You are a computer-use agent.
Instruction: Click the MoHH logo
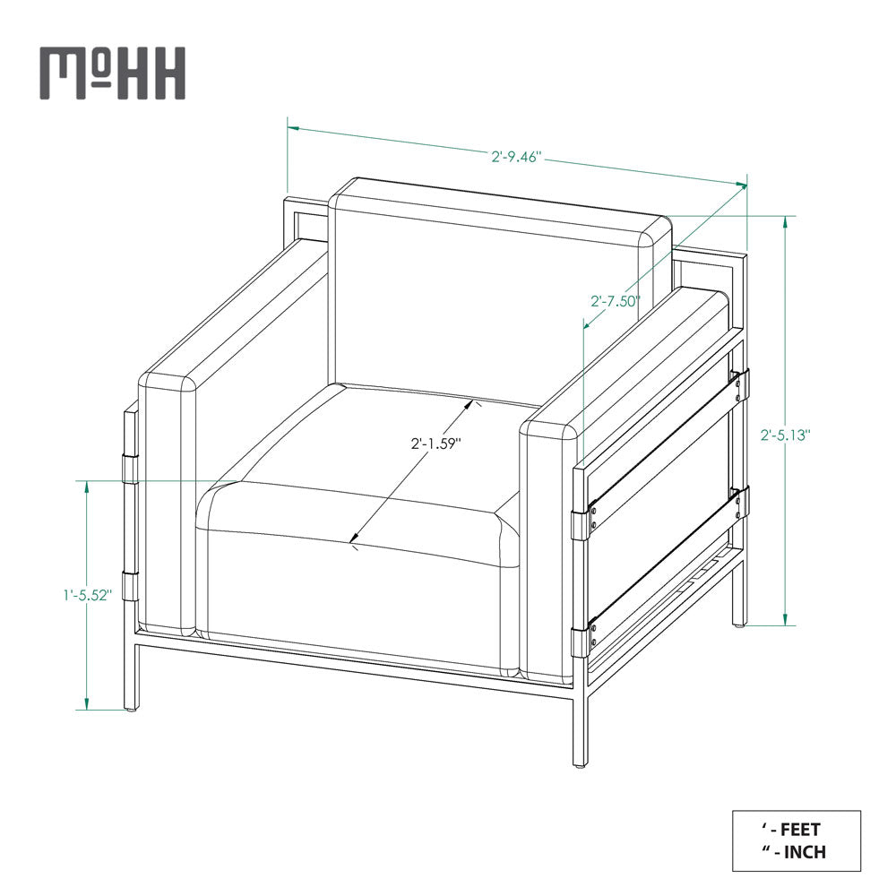coord(112,73)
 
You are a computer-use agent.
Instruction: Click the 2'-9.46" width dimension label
coord(517,157)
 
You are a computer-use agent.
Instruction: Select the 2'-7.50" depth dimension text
coord(615,301)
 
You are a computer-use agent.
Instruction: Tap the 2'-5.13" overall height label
coord(786,435)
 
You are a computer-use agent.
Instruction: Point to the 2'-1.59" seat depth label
coord(435,443)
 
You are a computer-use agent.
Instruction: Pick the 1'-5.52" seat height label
coord(87,594)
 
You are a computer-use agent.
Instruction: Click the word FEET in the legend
coord(800,830)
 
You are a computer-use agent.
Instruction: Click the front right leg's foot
coord(580,763)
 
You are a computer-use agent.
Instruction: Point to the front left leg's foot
coord(131,708)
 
